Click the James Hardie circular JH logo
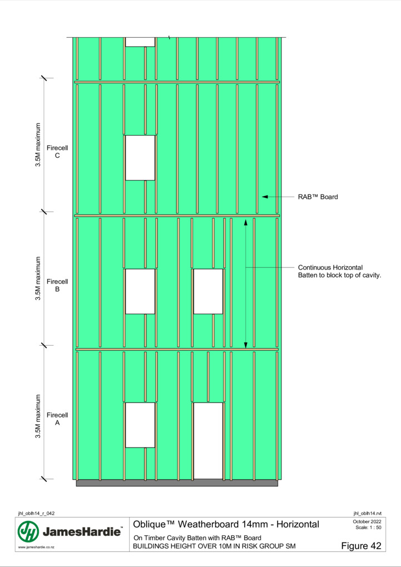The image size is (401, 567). [x=28, y=531]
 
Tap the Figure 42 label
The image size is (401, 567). [x=361, y=546]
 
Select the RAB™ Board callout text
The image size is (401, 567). [x=318, y=197]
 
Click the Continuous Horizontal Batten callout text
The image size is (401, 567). [x=339, y=271]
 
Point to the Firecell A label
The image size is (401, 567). [x=57, y=419]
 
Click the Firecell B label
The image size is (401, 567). [x=57, y=285]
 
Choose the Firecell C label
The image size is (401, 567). [x=57, y=152]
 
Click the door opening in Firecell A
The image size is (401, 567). [x=208, y=441]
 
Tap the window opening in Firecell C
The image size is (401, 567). [x=140, y=158]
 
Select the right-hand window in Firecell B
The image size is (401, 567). [x=208, y=291]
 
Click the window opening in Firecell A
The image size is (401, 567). [x=140, y=425]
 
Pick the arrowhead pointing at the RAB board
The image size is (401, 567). [x=265, y=197]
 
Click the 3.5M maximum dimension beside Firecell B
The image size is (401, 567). [x=38, y=278]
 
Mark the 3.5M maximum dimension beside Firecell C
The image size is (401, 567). [x=38, y=145]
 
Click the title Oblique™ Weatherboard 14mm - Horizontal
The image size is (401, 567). [x=226, y=524]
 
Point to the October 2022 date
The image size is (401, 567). [x=367, y=521]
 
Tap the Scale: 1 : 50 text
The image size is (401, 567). [x=368, y=528]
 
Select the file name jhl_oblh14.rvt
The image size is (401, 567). [x=367, y=514]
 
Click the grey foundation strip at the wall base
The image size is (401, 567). [x=177, y=483]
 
